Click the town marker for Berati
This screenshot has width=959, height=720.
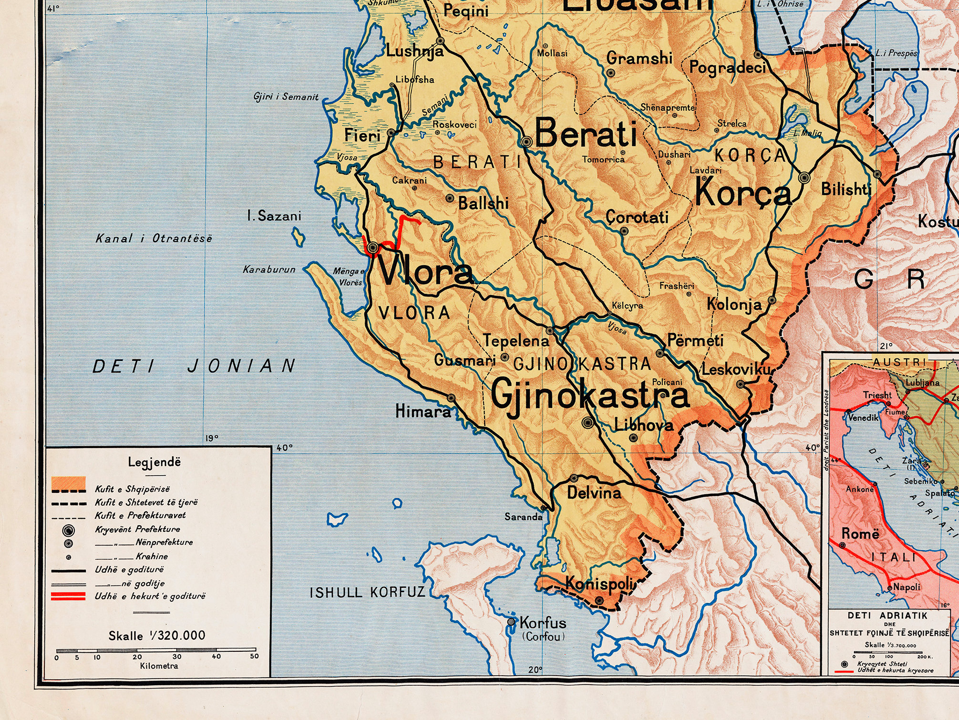pyautogui.click(x=526, y=142)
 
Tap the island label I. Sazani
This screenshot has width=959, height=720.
pyautogui.click(x=274, y=216)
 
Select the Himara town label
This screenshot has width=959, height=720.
pyautogui.click(x=423, y=411)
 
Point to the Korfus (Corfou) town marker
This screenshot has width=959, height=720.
pyautogui.click(x=511, y=622)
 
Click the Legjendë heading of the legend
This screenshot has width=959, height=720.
pyautogui.click(x=154, y=462)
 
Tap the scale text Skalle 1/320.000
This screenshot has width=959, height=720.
pyautogui.click(x=156, y=636)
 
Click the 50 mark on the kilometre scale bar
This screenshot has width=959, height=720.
pyautogui.click(x=254, y=656)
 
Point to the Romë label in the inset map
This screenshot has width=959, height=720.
pyautogui.click(x=860, y=533)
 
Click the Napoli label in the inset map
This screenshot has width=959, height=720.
pyautogui.click(x=906, y=587)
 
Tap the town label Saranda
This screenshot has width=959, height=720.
pyautogui.click(x=523, y=517)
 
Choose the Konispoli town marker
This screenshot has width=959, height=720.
pyautogui.click(x=599, y=600)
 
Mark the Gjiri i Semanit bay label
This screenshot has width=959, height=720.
pyautogui.click(x=286, y=97)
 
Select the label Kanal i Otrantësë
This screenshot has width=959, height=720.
pyautogui.click(x=154, y=238)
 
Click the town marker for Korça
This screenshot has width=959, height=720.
pyautogui.click(x=804, y=178)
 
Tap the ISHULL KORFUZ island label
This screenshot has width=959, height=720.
pyautogui.click(x=367, y=593)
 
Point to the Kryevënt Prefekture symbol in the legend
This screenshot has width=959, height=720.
pyautogui.click(x=69, y=530)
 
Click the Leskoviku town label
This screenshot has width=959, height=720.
pyautogui.click(x=735, y=369)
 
